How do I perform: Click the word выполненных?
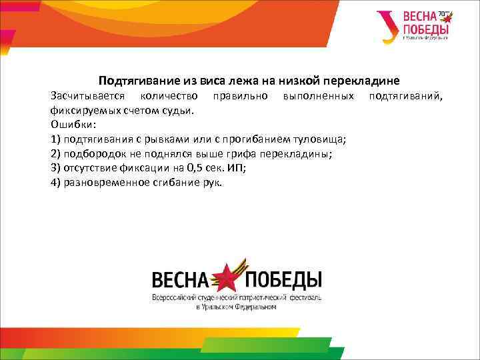click(x=318, y=97)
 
